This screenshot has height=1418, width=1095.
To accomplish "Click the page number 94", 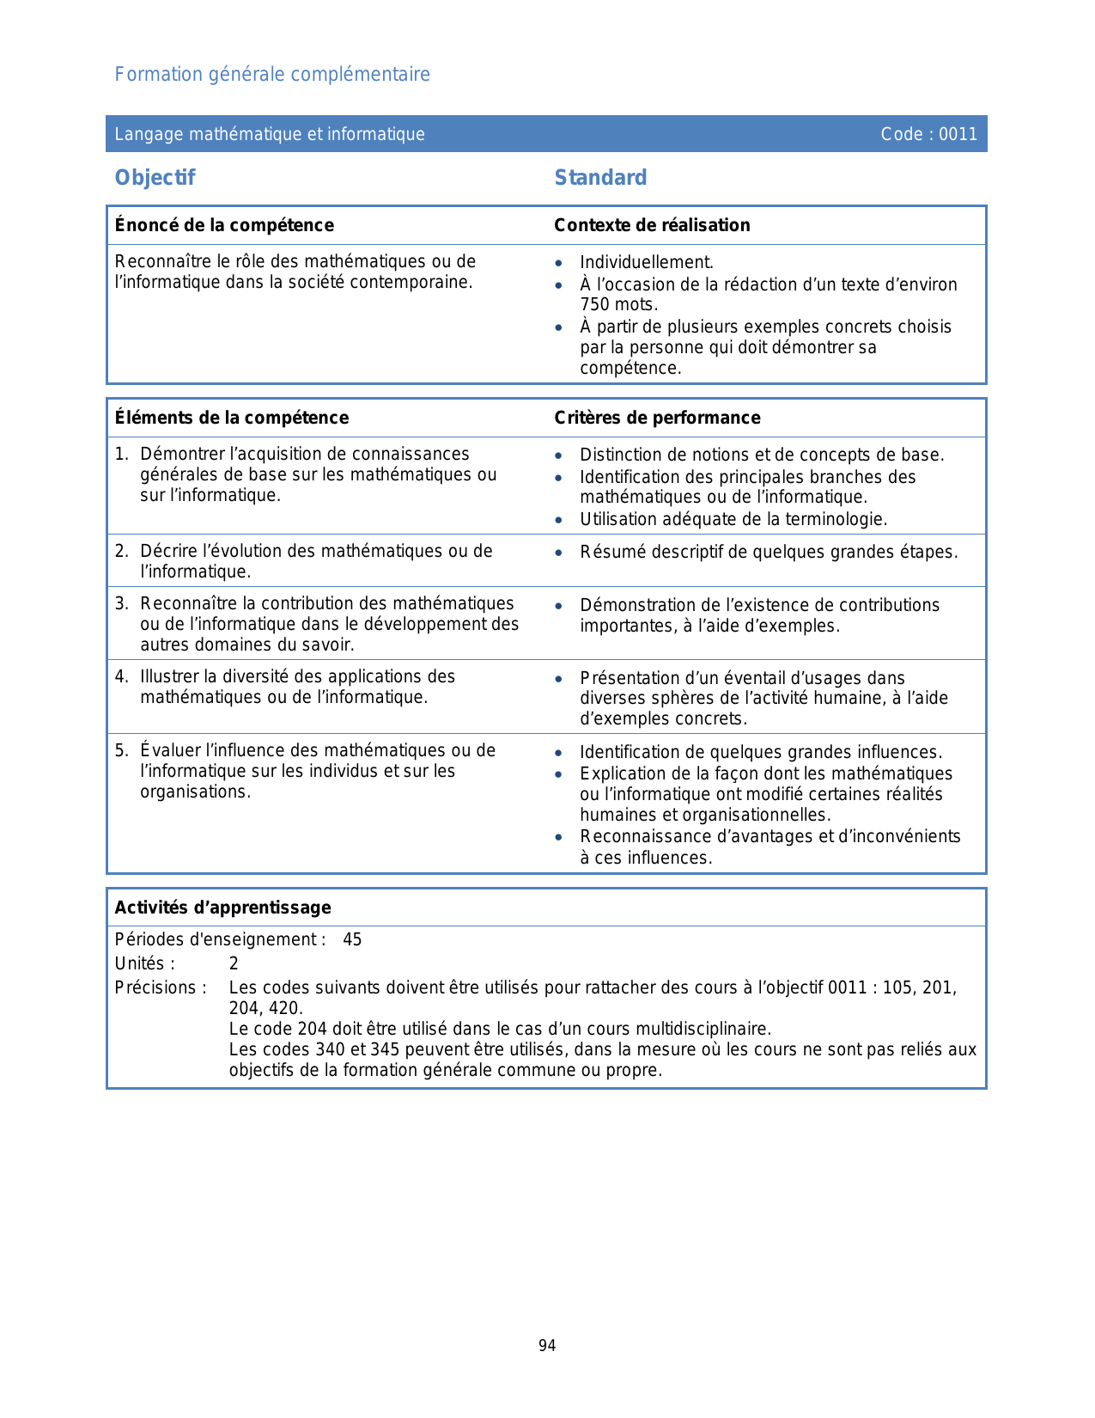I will tap(547, 1346).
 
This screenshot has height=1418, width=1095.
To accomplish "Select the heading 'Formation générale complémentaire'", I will tap(272, 75).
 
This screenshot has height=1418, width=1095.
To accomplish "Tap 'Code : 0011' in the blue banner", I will tap(928, 134).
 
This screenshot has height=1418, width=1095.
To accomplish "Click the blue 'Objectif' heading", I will tap(155, 178).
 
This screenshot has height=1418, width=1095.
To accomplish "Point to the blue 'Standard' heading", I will tap(600, 178).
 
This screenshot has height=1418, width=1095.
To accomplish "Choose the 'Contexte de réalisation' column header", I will tap(652, 225).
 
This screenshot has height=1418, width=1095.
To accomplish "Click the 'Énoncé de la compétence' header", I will tap(224, 225).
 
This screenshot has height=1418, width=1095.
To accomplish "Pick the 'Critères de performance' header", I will tap(657, 418).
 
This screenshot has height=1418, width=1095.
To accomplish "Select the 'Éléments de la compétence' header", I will tap(232, 418).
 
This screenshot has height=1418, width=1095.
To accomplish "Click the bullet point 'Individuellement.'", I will tap(647, 263).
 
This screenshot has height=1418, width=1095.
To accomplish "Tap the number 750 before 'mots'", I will tap(595, 305).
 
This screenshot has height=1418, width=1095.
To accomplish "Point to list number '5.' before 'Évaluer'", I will tap(122, 751).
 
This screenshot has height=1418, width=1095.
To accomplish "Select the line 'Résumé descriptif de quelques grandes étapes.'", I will tap(769, 553).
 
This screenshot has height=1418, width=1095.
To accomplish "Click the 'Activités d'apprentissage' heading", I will tap(223, 908).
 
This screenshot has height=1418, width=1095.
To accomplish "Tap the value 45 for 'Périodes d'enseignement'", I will tap(352, 940).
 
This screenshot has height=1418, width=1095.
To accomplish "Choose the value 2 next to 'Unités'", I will tap(234, 964).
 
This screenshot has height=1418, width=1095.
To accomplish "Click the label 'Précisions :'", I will tap(161, 988).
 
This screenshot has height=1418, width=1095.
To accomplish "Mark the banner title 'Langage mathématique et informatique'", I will tap(270, 134).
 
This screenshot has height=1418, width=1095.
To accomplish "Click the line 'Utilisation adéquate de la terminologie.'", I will tap(733, 520).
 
